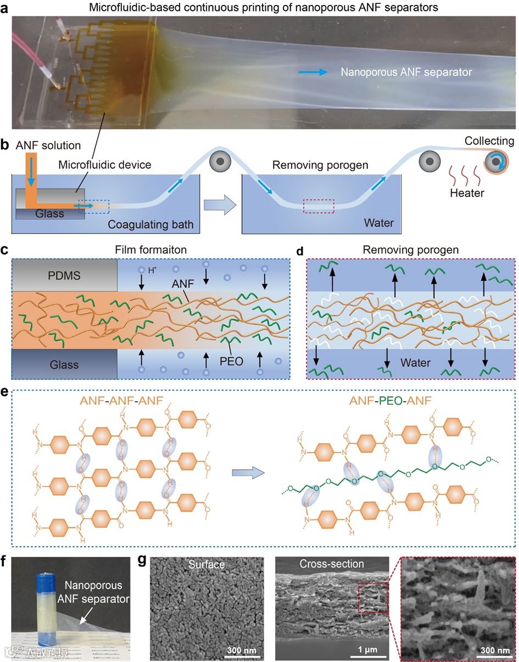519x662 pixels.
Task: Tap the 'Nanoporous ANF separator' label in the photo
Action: click(406, 72)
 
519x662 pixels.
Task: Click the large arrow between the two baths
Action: click(218, 205)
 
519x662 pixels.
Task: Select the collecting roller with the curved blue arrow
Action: click(495, 164)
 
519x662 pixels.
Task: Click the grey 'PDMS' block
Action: click(64, 275)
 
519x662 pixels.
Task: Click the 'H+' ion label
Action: click(150, 269)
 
